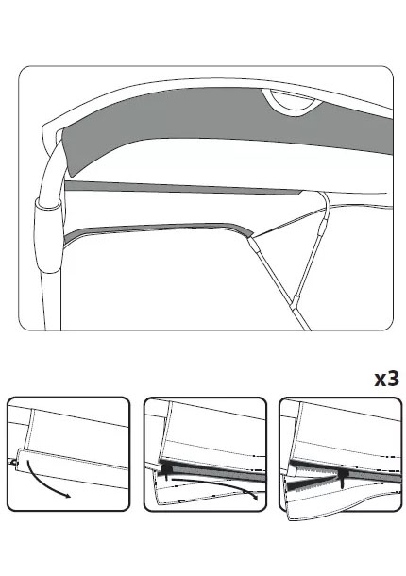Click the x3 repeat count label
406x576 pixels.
(386, 379)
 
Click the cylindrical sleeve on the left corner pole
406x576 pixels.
(48, 234)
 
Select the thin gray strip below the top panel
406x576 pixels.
(184, 187)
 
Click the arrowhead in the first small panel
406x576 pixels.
(67, 496)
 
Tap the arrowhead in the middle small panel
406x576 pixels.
(255, 497)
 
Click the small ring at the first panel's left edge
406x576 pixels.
(14, 463)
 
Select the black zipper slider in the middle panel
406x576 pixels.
(167, 471)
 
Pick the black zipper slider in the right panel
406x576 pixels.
(343, 477)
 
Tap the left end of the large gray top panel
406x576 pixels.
(67, 151)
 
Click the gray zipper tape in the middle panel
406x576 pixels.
(217, 473)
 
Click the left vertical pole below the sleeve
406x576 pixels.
(50, 301)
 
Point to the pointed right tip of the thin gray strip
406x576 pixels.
(303, 192)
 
